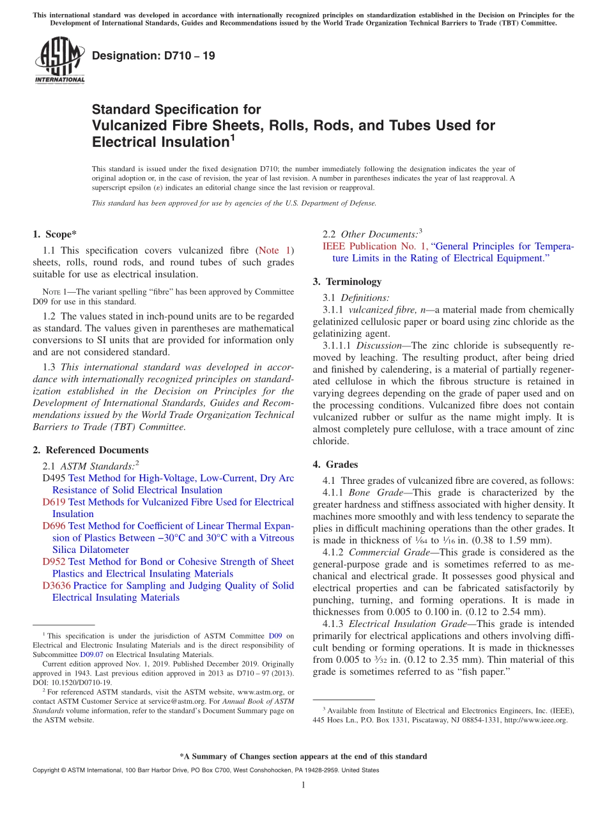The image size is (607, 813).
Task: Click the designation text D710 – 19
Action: point(153,56)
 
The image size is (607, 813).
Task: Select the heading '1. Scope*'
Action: point(54,234)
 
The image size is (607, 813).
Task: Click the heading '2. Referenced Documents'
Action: point(90,450)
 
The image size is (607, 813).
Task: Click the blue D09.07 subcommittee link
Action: point(89,654)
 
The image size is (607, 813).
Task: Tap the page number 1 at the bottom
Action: point(303,785)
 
